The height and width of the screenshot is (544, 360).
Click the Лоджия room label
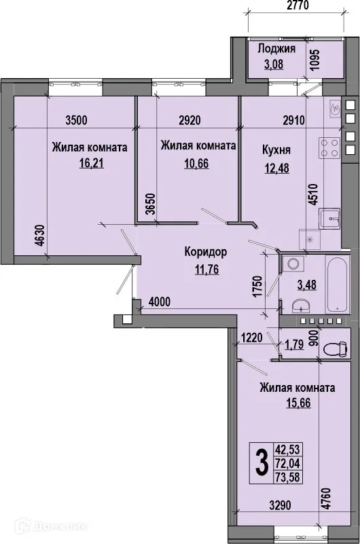(x=276, y=49)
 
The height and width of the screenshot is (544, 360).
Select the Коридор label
(x=205, y=252)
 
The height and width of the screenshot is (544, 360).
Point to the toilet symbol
(x=332, y=349)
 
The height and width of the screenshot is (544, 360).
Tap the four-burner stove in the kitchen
(x=329, y=149)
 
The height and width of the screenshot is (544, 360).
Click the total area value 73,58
(x=287, y=477)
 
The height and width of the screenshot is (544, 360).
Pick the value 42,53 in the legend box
(x=287, y=449)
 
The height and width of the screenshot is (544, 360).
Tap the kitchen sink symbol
(x=331, y=217)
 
